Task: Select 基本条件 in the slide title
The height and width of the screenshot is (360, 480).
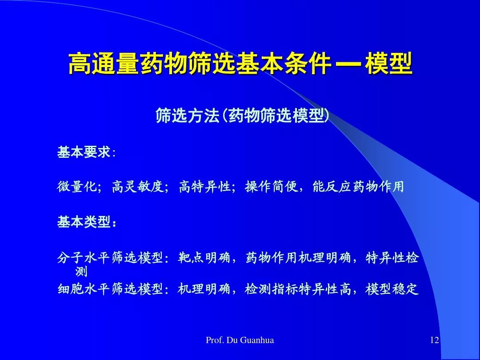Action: click(x=283, y=64)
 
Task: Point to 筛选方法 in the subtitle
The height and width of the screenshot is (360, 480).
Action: click(x=188, y=116)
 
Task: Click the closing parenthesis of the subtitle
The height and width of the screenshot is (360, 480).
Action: click(x=327, y=116)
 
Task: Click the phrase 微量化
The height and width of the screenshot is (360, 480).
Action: click(x=77, y=186)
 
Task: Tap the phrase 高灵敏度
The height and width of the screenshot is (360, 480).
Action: click(x=138, y=186)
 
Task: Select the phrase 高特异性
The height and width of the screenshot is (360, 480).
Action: click(x=204, y=186)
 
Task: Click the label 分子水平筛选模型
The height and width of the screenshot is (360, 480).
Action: click(x=110, y=257)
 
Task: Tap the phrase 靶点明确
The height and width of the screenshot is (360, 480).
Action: click(x=204, y=257)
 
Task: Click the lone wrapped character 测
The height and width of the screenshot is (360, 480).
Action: click(x=81, y=271)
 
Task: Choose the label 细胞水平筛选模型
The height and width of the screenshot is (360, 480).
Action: click(x=110, y=288)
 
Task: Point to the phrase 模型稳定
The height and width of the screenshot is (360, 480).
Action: click(x=392, y=288)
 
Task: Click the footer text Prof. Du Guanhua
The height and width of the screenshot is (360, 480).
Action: click(x=240, y=340)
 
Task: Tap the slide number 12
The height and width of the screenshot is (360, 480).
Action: click(x=435, y=340)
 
